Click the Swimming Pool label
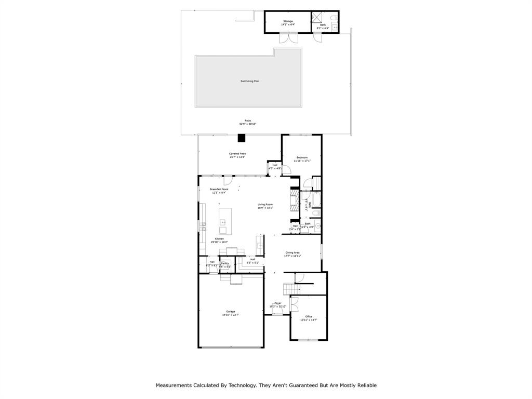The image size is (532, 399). [x=249, y=81]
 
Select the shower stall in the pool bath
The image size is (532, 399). [x=317, y=17]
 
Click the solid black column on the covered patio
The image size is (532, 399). [x=241, y=138]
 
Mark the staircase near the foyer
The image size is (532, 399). [x=289, y=289]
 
